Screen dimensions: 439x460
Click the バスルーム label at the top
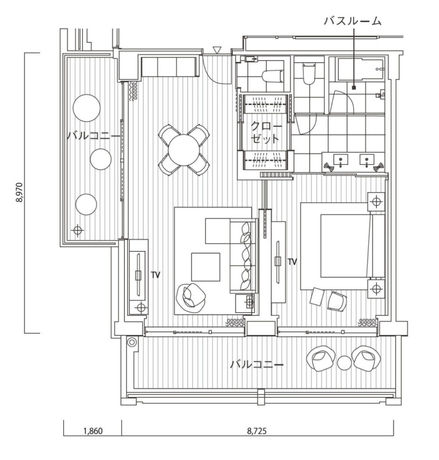(353, 21)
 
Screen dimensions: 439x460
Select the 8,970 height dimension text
(20, 192)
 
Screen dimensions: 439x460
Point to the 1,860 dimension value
(93, 431)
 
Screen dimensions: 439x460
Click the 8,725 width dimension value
(257, 431)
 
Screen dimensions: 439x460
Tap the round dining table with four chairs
(184, 150)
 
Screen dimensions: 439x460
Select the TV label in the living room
(156, 275)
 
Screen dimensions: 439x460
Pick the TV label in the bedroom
(292, 262)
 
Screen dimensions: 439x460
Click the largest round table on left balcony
(87, 108)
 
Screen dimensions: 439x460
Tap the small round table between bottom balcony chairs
(344, 363)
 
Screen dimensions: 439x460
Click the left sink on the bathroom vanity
(341, 160)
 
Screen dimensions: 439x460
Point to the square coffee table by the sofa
(205, 267)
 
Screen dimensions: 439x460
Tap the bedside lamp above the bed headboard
(376, 202)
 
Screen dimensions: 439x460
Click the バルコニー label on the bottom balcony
(257, 365)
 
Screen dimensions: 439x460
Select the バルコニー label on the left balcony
(93, 136)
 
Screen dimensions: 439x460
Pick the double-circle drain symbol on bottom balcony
(131, 342)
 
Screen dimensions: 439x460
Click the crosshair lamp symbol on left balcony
(77, 230)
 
